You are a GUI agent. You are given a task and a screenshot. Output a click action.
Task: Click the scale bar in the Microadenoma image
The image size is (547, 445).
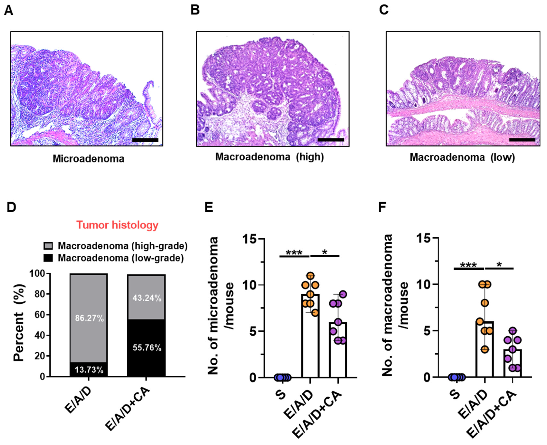(145, 140)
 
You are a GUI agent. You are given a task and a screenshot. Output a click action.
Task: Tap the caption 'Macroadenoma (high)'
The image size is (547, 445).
(269, 157)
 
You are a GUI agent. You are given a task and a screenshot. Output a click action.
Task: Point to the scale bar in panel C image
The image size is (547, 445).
(522, 140)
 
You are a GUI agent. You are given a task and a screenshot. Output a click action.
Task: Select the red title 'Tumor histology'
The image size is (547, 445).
(117, 225)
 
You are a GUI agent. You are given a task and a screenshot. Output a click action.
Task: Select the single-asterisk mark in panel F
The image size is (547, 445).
(499, 265)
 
